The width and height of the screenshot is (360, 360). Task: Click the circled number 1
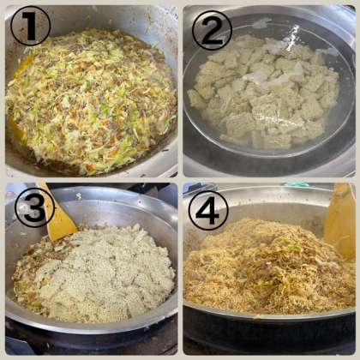(x=30, y=26)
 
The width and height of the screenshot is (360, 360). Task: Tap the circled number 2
(x=212, y=30)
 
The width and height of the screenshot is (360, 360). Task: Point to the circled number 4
(x=208, y=210)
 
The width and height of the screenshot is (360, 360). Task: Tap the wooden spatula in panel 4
(x=340, y=220)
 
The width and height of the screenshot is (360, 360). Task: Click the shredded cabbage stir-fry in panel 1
(x=92, y=100)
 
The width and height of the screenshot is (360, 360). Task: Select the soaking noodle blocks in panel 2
(x=264, y=92)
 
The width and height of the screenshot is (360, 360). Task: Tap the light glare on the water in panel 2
(x=294, y=33)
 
